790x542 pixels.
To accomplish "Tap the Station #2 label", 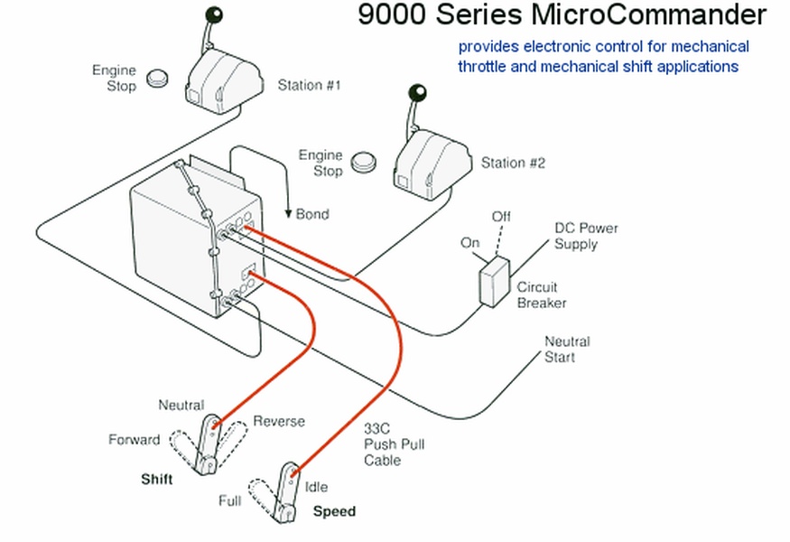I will (513, 163).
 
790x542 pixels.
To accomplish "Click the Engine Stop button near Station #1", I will (161, 77).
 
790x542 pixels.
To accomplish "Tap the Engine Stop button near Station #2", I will (365, 161).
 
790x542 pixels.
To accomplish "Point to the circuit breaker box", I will (495, 280).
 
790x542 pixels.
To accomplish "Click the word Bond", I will (312, 214).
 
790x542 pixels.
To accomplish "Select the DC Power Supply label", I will (586, 236).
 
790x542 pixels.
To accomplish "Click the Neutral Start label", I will (567, 349).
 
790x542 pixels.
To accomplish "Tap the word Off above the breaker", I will (501, 217).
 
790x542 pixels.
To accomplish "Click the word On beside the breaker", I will (470, 243).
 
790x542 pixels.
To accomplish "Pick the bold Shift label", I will (156, 479).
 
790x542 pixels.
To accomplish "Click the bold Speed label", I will (334, 511).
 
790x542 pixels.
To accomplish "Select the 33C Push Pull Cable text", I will (394, 444).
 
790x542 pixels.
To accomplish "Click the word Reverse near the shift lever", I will (278, 421).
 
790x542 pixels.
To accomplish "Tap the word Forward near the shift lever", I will (134, 440).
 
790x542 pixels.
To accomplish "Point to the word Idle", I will (316, 487).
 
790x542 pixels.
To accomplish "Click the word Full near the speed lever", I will (230, 500).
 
